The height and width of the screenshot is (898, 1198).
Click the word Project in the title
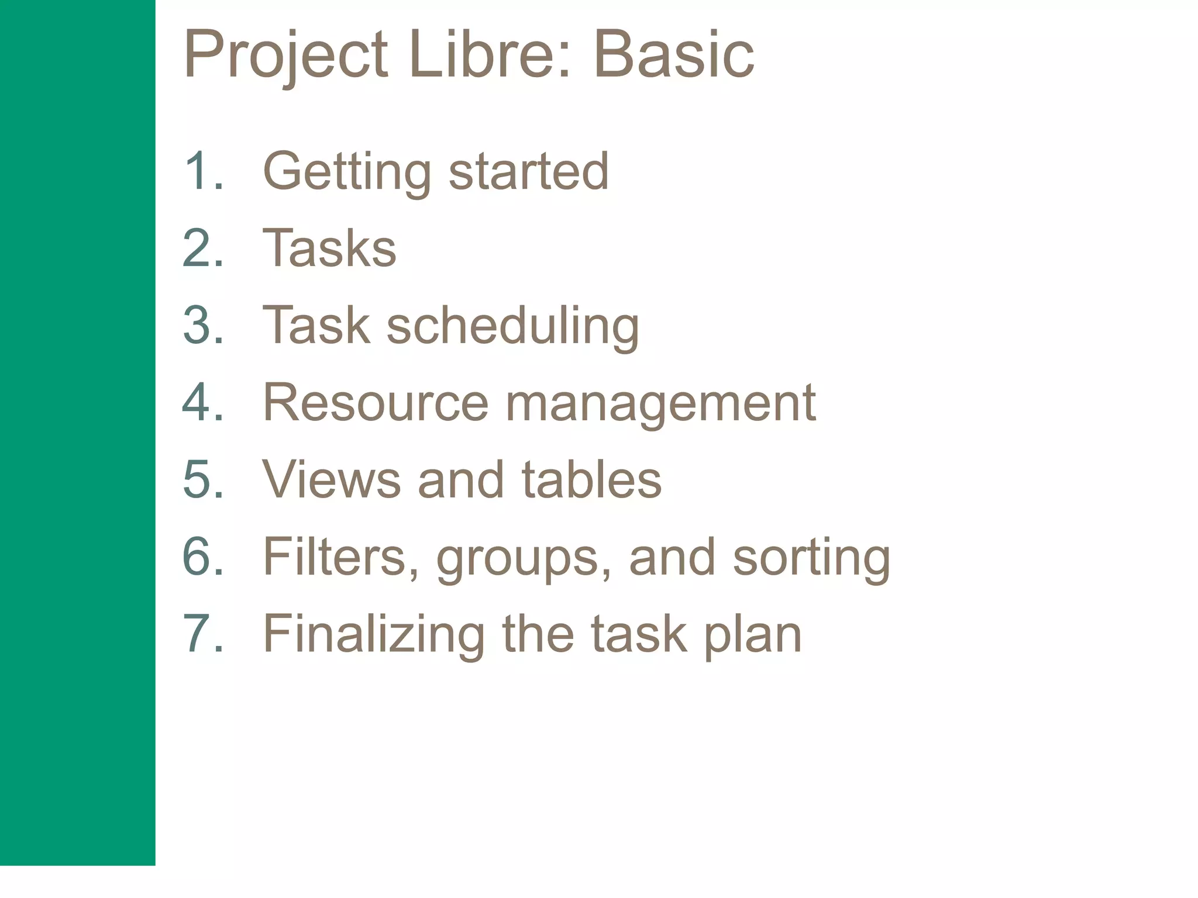click(285, 56)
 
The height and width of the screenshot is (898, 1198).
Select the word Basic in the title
click(673, 55)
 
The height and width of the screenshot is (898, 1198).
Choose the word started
click(529, 171)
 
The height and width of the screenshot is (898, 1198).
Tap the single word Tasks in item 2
click(330, 248)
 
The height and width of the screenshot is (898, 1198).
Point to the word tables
click(591, 479)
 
